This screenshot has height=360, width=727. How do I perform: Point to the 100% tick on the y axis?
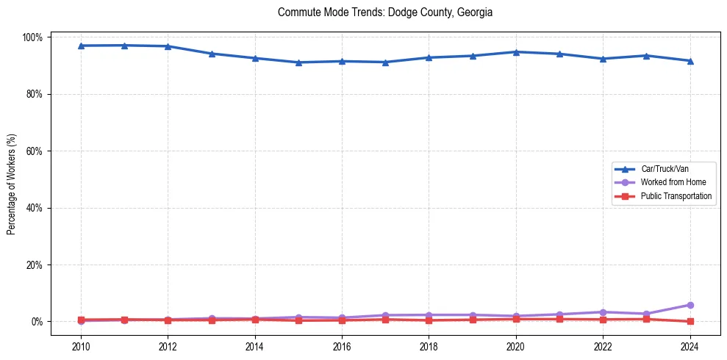[34, 37]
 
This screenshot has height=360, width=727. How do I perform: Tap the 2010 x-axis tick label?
[81, 346]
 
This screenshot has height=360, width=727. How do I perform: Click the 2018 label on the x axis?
[429, 346]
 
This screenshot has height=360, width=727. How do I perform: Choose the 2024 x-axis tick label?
[690, 346]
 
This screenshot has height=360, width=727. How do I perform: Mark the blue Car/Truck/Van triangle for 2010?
[81, 46]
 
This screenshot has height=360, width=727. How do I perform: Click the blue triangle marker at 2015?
[298, 62]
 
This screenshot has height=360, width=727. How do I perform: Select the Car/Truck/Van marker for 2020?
[516, 52]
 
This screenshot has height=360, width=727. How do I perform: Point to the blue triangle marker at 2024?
[690, 61]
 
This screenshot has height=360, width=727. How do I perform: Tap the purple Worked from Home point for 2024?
[690, 305]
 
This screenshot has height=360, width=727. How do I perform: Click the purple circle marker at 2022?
[603, 312]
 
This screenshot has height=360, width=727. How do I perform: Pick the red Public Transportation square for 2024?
[690, 321]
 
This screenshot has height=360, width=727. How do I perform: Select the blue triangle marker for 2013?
[212, 54]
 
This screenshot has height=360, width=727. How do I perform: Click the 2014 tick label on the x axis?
[255, 346]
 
